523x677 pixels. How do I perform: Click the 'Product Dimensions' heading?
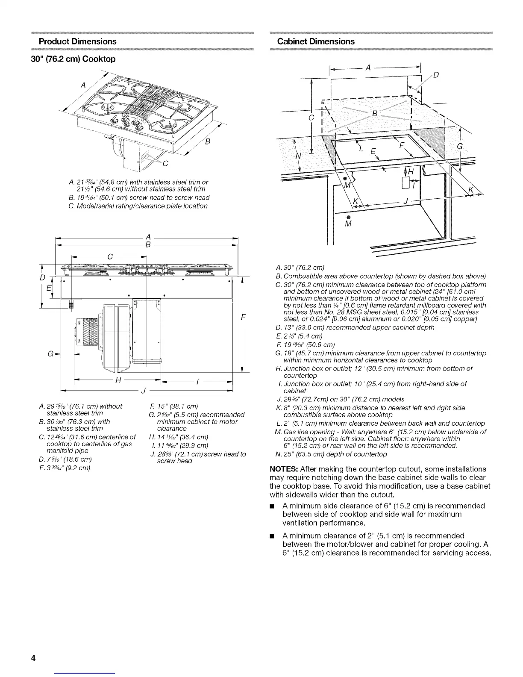(77, 41)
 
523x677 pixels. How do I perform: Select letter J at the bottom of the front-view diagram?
(144, 390)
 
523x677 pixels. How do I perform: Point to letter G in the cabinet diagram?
(460, 146)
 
